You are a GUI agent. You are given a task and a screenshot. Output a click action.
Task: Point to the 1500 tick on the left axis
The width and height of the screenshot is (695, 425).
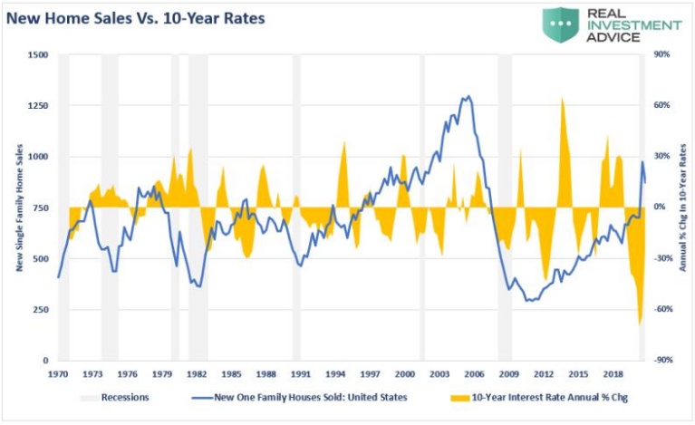(x=37, y=54)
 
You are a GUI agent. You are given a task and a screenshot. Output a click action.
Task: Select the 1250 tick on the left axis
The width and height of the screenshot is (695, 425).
(x=37, y=105)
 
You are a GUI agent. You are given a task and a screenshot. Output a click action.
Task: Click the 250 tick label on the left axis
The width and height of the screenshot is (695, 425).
(x=40, y=309)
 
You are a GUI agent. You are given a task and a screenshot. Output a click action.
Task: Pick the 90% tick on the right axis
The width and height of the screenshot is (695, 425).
(x=662, y=54)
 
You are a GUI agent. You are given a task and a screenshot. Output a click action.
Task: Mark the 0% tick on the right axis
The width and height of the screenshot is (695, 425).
(x=661, y=208)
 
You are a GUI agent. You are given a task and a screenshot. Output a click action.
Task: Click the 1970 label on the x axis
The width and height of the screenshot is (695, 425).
(x=59, y=373)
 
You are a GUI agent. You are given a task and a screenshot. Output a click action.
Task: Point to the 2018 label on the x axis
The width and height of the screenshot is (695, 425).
(x=613, y=373)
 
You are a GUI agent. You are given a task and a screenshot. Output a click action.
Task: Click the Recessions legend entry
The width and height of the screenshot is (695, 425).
(x=123, y=396)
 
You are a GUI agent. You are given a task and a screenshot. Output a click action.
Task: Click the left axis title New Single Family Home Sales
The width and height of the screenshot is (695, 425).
(x=17, y=208)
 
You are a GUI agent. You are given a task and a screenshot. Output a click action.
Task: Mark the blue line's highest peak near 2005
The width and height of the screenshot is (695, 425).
(x=467, y=96)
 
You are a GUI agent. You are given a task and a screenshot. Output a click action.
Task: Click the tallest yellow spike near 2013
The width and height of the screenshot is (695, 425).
(x=563, y=98)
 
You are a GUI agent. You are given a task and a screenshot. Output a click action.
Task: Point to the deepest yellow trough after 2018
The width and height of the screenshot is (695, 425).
(x=640, y=324)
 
